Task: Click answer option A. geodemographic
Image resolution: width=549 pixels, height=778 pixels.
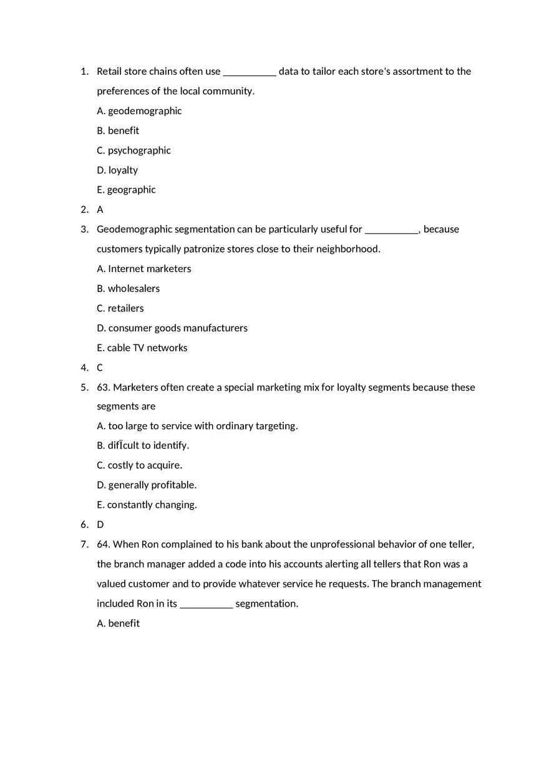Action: [139, 111]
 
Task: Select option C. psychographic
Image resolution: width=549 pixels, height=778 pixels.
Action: [134, 150]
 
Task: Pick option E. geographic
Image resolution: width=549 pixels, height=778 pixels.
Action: [126, 190]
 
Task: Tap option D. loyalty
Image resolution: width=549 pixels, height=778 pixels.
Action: [117, 170]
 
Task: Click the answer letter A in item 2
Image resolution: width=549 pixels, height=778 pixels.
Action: [100, 210]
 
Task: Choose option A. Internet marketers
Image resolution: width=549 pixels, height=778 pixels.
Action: [144, 269]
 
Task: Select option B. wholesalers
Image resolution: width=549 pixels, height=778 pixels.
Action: [128, 289]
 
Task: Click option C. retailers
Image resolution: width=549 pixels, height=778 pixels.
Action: [120, 308]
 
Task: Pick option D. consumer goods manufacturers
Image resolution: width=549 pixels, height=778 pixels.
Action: [172, 328]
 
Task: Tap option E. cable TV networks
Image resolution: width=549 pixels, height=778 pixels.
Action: [142, 348]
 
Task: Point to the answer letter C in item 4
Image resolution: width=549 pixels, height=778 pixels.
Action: [100, 368]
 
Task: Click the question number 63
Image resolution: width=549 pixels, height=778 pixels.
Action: [103, 387]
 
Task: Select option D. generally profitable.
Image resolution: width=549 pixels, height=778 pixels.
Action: [147, 485]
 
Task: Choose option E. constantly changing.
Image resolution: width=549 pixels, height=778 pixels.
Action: [147, 505]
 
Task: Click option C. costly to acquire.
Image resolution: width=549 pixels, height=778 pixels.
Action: [139, 465]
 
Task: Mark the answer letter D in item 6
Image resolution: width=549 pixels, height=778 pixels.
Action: [100, 525]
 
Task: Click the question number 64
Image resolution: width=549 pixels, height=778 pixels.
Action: [103, 545]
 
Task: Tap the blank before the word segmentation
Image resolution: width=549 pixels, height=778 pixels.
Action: [206, 604]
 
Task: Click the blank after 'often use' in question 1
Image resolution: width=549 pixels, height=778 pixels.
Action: [250, 72]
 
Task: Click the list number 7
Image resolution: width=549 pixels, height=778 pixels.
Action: [84, 545]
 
